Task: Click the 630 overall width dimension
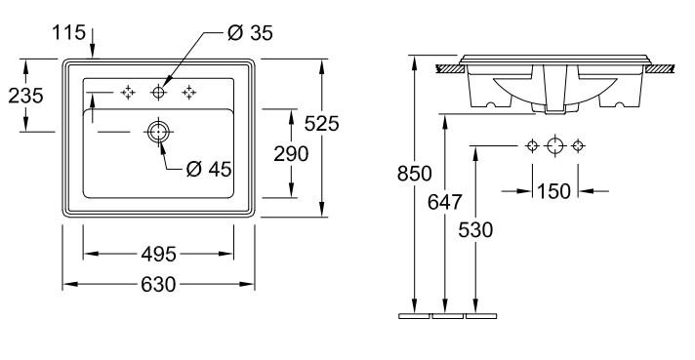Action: point(158,284)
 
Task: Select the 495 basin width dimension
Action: point(159,255)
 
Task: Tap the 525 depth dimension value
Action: point(322,124)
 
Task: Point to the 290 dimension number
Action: point(291,154)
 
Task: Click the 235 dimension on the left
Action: point(25,96)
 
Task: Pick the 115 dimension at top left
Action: point(68,32)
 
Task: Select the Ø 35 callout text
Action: point(250,33)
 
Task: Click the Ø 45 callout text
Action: point(209,169)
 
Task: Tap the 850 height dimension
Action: point(415,174)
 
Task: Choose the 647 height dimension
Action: point(444,202)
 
